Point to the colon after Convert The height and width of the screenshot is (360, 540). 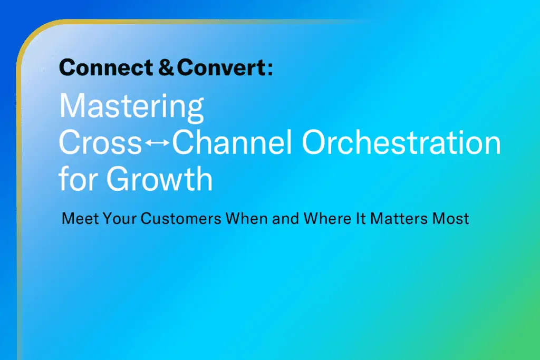[269, 69]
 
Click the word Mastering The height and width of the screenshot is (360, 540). [131, 107]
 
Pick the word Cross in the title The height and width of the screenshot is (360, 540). [100, 142]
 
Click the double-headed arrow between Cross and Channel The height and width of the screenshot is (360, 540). [157, 142]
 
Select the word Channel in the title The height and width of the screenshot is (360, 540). [232, 142]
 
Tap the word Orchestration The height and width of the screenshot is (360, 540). [401, 142]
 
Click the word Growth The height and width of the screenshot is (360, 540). [159, 178]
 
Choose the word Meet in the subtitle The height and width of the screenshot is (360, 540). [80, 219]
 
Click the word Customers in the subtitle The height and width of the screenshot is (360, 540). [181, 219]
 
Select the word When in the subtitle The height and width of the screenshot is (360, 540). [247, 219]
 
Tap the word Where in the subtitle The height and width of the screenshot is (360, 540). [327, 219]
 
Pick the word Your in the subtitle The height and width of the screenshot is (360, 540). [120, 219]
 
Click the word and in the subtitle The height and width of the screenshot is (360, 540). [285, 219]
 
